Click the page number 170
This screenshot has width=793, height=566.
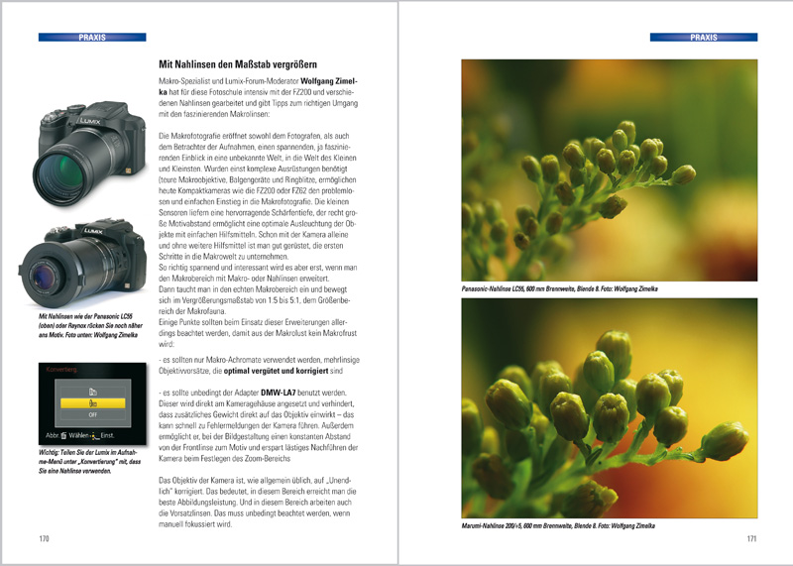tap(44, 538)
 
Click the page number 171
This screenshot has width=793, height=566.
tap(751, 538)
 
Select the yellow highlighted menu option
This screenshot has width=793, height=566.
tap(91, 403)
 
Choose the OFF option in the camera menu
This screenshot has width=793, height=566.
tap(91, 416)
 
